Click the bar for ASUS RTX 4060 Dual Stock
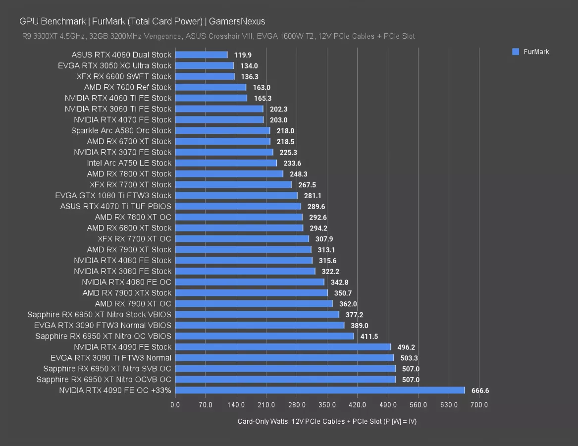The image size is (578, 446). [201, 55]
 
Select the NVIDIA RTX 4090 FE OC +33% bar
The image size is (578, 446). [320, 390]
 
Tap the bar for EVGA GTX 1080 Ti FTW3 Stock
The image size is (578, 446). [236, 195]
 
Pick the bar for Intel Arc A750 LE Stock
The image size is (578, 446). [226, 163]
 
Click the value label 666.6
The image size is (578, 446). [480, 390]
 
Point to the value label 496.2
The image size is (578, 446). [406, 347]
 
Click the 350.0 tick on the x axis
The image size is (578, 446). [327, 405]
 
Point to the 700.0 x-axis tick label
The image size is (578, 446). [479, 405]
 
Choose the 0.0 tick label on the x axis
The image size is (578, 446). [175, 405]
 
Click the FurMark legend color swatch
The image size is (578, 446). [515, 52]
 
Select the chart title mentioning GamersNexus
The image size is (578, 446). [142, 21]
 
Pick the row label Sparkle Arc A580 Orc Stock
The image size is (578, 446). [121, 130]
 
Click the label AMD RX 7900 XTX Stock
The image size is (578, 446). [127, 293]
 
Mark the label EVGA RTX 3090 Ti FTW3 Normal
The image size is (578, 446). [111, 358]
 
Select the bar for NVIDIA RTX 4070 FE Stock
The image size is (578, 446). [219, 119]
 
